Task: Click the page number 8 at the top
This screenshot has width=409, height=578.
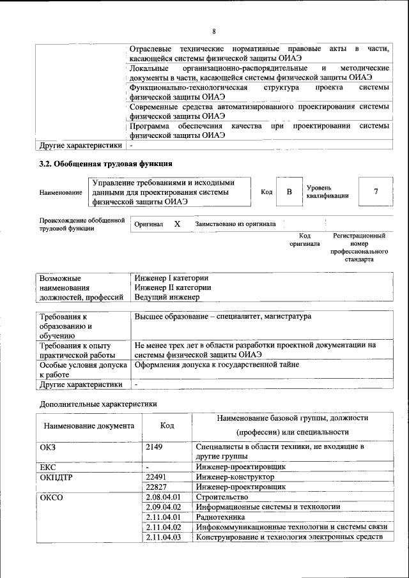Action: coord(214,31)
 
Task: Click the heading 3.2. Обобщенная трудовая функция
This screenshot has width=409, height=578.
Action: coord(105,164)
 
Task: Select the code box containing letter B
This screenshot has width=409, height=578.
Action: coord(289,192)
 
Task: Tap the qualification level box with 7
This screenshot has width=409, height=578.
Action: coord(375,192)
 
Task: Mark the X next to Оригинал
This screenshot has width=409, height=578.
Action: coord(177,224)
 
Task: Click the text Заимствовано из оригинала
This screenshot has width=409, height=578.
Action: coord(235,224)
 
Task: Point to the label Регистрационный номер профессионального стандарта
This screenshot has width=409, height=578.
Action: coord(359,248)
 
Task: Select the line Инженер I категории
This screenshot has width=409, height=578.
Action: coord(171,278)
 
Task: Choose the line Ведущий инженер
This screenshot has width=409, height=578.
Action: coord(167,297)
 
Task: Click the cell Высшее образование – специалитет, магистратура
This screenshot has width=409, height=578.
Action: coord(222,317)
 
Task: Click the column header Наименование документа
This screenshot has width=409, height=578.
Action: coord(89,425)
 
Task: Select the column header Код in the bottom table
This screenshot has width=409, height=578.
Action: coord(167,425)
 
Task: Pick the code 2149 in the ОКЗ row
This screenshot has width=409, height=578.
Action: coord(155,447)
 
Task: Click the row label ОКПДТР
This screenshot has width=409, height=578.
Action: coord(57,476)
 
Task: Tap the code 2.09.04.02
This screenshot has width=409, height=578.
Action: coord(164,506)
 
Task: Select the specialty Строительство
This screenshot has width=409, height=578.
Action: coord(222,497)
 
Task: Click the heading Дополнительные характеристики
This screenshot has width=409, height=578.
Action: coord(98,404)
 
